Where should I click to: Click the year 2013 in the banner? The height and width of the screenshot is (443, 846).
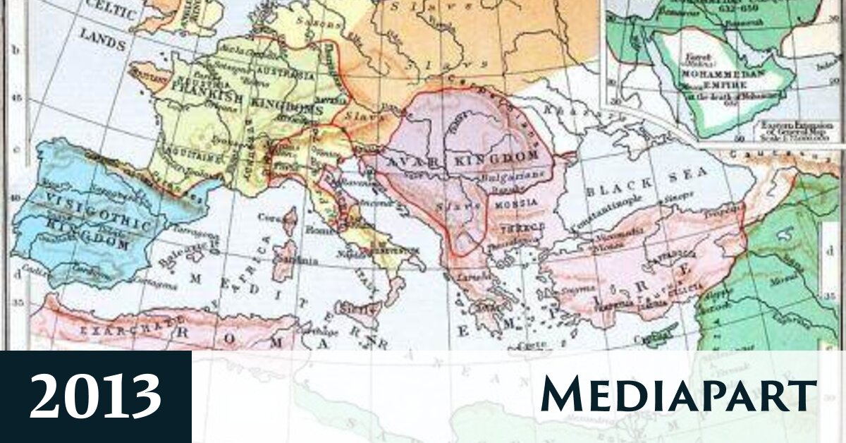tap(95, 396)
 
